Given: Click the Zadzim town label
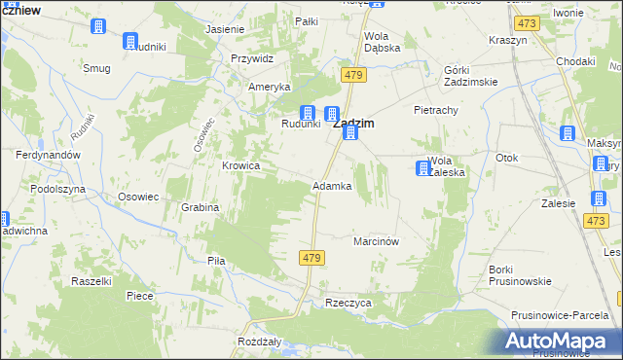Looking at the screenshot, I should point(355,124).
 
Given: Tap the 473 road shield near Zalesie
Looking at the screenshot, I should point(597,222).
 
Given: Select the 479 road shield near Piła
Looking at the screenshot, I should point(311,257).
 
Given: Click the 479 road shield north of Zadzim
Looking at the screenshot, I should point(352,75).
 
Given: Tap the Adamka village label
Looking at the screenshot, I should point(331,185).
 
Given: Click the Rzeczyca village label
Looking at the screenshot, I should point(348,303).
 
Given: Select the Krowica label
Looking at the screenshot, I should point(241,165).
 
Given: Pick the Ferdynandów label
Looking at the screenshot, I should point(48,155).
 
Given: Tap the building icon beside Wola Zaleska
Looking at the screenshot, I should point(422,168).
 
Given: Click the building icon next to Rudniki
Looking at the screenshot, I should point(130,41).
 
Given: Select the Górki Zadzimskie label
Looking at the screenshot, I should point(469,76).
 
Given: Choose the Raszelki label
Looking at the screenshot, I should point(92,280).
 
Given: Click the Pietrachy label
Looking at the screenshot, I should point(435,110).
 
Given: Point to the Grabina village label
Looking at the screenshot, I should point(200,207).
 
